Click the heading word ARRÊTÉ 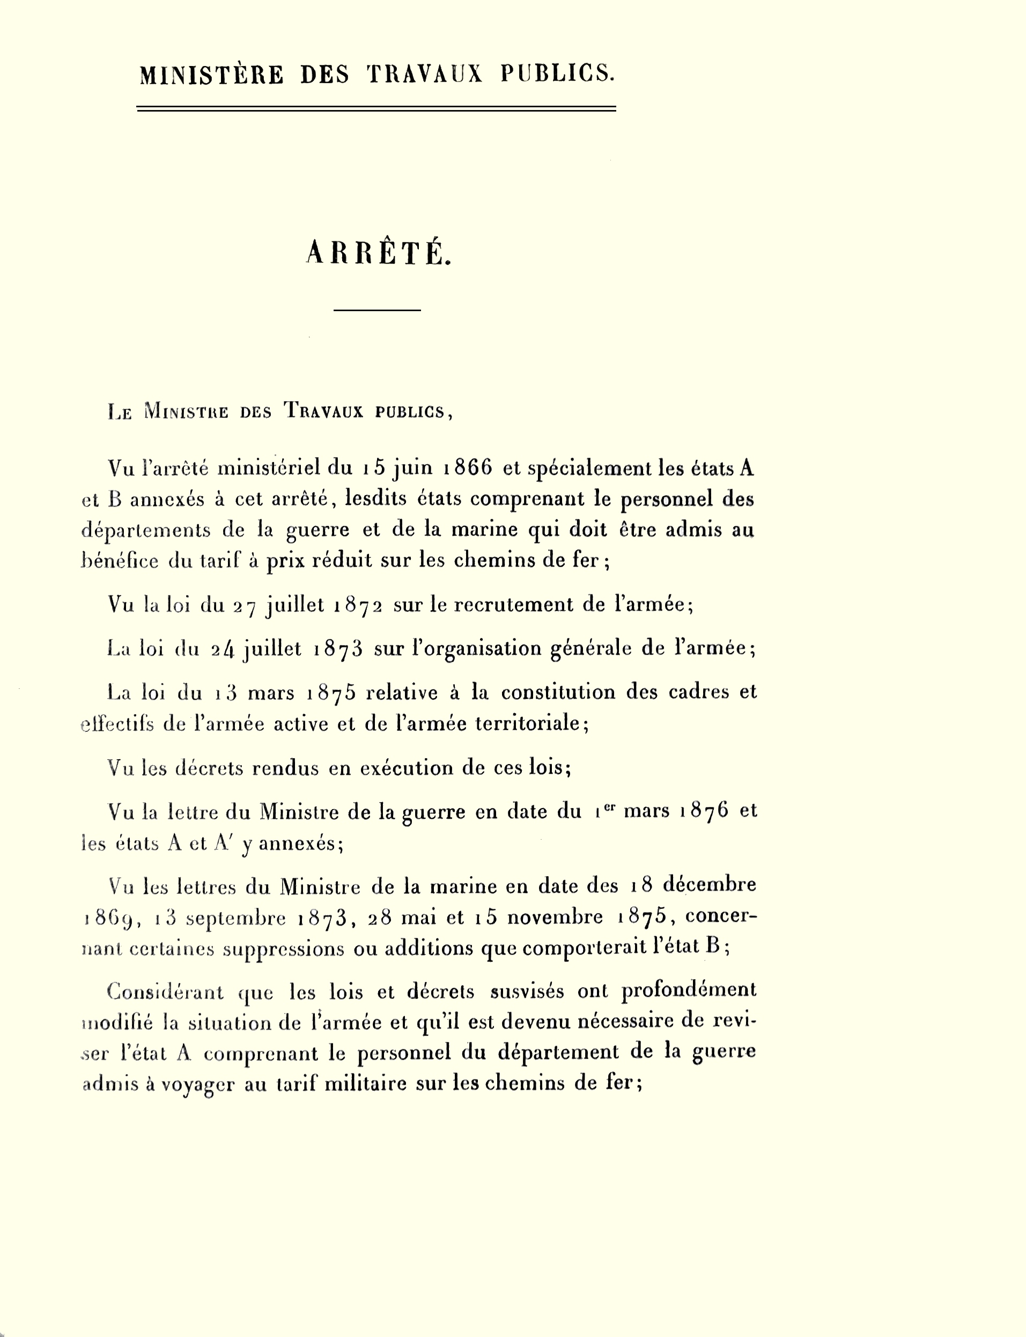pyautogui.click(x=378, y=252)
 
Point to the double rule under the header pyautogui.click(x=376, y=109)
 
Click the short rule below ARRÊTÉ pyautogui.click(x=377, y=311)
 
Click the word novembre pyautogui.click(x=555, y=917)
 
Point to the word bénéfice pyautogui.click(x=120, y=560)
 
